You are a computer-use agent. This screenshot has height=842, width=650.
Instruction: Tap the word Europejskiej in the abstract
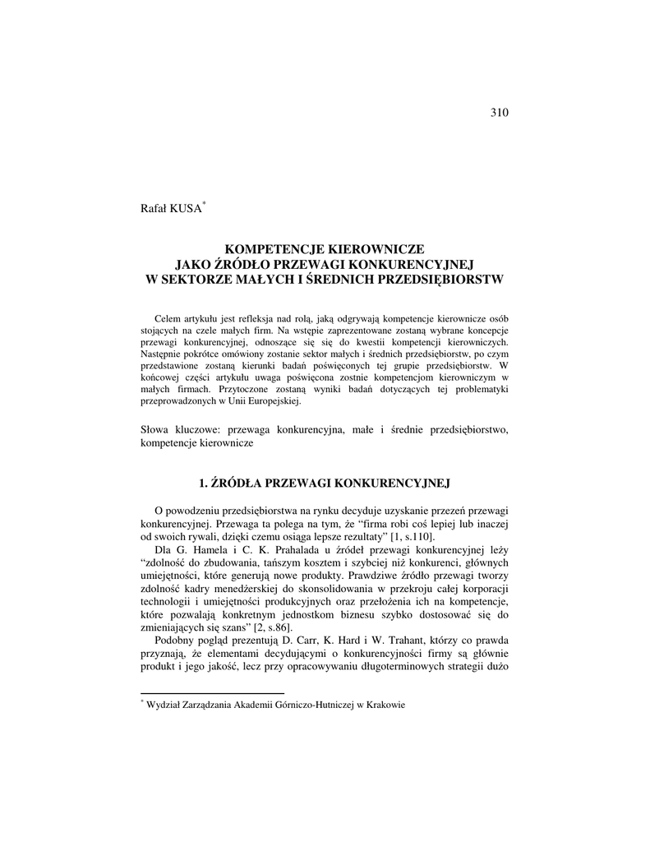pos(275,402)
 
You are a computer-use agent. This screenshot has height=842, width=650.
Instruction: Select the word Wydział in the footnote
pos(163,705)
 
